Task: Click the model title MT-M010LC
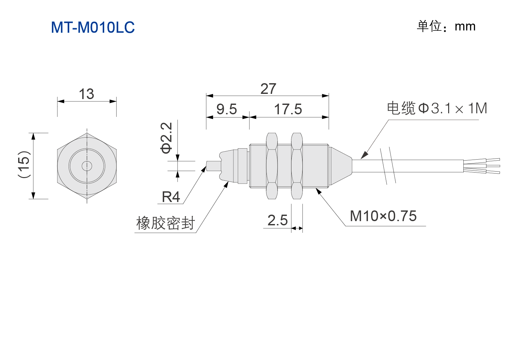(x=93, y=27)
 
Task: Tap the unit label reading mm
(x=465, y=27)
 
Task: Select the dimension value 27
(x=268, y=89)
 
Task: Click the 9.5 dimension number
(x=226, y=109)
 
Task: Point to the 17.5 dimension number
(x=288, y=109)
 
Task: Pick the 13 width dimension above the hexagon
(x=86, y=94)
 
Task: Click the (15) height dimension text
(x=24, y=164)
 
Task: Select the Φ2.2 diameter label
(x=166, y=138)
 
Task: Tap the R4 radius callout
(x=171, y=197)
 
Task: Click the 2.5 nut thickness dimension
(x=278, y=220)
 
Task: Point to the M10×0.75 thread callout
(x=383, y=216)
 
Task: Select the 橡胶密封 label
(x=165, y=223)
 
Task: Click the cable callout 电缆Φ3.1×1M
(x=437, y=108)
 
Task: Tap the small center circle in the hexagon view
(x=87, y=166)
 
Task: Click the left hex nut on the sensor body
(x=272, y=166)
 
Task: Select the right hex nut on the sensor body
(x=297, y=166)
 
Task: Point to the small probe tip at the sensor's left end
(x=213, y=166)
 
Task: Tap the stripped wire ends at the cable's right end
(x=482, y=166)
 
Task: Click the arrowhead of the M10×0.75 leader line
(x=319, y=191)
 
